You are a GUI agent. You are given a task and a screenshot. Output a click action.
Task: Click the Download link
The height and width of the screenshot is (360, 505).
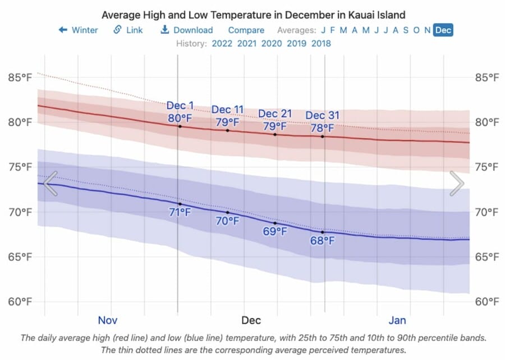click(187, 30)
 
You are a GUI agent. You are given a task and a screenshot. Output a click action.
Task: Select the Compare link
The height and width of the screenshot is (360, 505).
click(246, 30)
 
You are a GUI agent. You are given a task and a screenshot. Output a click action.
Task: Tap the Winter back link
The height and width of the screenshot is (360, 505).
click(78, 30)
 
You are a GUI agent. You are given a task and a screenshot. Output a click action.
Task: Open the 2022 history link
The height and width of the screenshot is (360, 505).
click(222, 43)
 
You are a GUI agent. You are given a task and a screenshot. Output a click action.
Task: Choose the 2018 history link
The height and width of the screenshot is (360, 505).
click(321, 43)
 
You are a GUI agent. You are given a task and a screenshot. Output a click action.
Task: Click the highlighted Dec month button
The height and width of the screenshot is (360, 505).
click(443, 30)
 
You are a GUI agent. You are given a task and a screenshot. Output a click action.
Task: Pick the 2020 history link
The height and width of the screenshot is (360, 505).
click(272, 43)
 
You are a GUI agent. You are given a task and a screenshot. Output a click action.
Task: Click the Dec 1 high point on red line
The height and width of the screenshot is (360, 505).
click(180, 126)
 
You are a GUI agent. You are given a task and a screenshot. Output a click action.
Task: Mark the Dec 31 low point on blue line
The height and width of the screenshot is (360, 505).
click(323, 231)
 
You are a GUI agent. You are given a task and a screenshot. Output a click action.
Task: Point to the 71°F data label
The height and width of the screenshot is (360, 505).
click(180, 212)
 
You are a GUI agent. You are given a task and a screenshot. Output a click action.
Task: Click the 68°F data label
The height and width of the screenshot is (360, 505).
click(323, 241)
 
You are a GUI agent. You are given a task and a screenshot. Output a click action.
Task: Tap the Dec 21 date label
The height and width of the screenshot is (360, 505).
click(275, 114)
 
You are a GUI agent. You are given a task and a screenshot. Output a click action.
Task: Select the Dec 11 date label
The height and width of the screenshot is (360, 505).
click(227, 110)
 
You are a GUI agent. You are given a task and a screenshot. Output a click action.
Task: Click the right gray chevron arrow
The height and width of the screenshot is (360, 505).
click(457, 184)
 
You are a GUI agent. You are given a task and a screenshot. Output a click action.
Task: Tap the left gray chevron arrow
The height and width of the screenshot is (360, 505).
click(50, 184)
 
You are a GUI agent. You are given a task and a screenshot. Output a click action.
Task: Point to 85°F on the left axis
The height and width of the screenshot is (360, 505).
click(20, 78)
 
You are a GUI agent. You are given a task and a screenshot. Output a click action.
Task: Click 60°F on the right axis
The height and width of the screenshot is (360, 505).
click(486, 302)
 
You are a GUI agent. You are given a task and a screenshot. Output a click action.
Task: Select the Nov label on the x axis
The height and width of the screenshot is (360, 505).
click(107, 320)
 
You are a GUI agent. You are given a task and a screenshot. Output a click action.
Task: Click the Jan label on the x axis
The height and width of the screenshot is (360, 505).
click(397, 320)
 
